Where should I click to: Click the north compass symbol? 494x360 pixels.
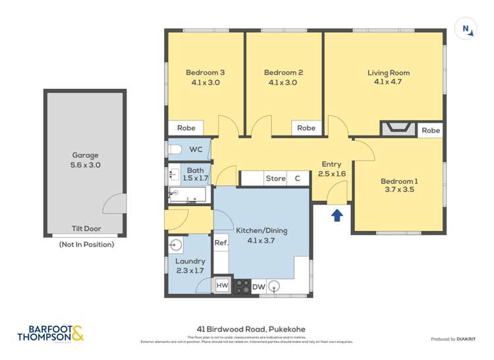[466, 29]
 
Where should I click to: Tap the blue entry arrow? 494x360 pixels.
[337, 214]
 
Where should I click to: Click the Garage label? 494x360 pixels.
[86, 155]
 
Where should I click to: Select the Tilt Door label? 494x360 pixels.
[86, 229]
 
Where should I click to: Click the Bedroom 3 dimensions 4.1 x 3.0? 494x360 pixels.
[205, 83]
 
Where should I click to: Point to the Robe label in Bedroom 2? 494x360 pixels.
[306, 128]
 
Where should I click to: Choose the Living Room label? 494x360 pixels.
[388, 73]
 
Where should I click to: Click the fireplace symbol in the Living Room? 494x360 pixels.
[398, 128]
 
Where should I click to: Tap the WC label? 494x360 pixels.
[196, 150]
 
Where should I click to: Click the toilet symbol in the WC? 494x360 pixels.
[175, 150]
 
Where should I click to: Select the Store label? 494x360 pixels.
[275, 178]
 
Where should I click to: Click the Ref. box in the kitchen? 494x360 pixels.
[221, 243]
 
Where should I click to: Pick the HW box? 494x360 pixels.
[223, 286]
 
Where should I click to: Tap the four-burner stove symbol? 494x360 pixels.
[242, 286]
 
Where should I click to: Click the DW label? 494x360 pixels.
[258, 286]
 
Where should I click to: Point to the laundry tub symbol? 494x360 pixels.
[176, 245]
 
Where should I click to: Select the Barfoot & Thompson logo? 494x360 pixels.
[51, 334]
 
